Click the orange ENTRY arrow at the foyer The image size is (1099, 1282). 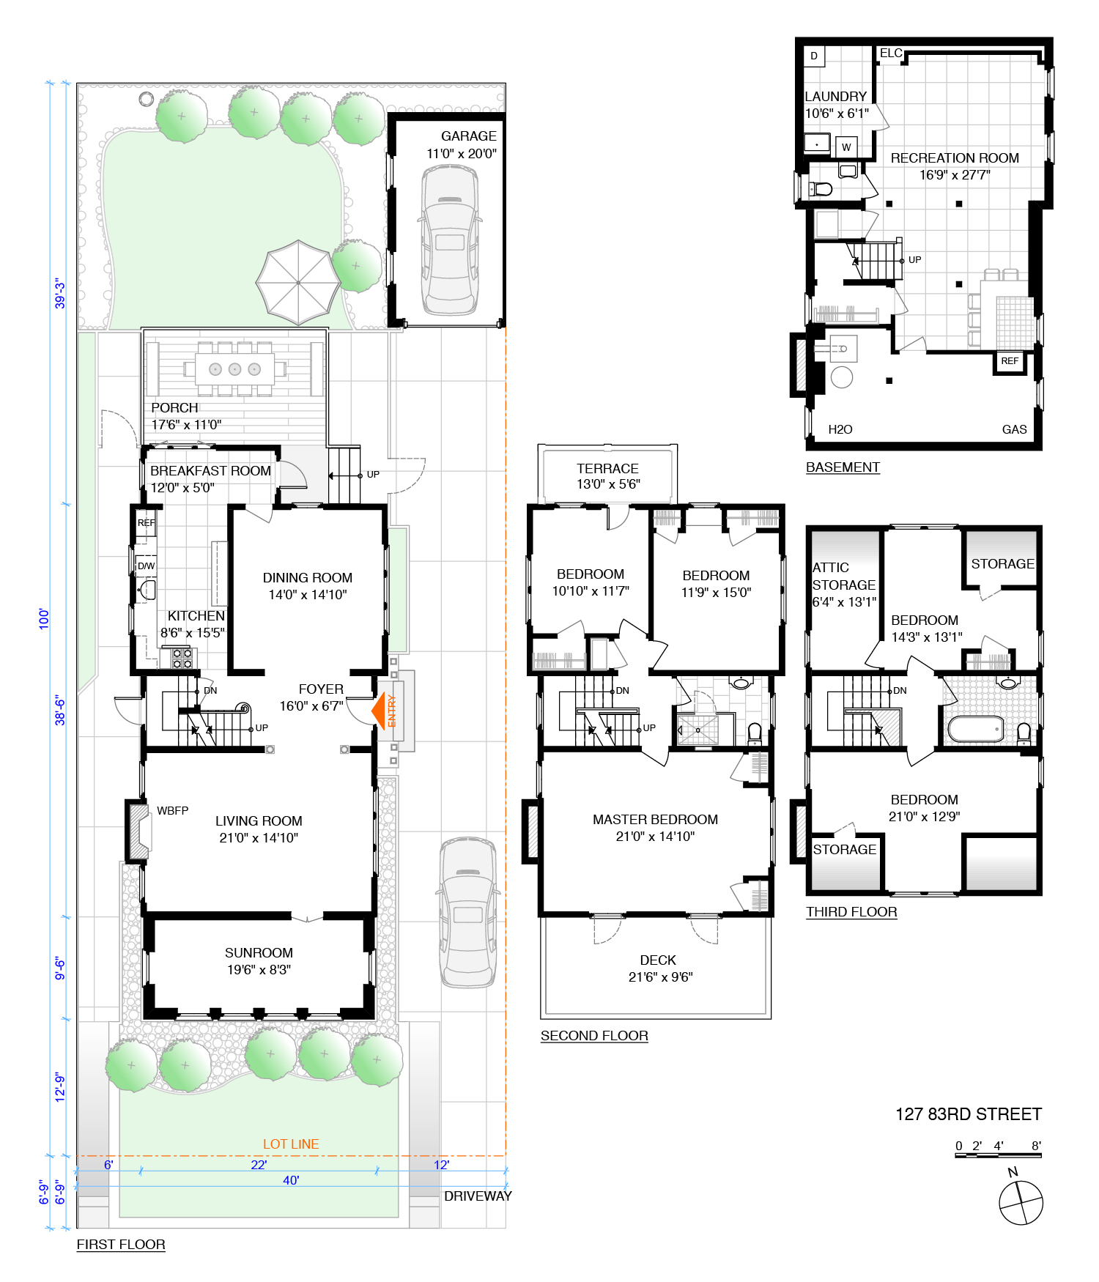[378, 711]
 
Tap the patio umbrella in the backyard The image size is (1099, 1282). [298, 283]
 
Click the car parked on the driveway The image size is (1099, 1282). [468, 913]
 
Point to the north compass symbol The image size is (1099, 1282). [1021, 1201]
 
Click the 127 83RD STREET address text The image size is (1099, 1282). [968, 1114]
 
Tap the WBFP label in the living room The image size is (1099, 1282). [172, 811]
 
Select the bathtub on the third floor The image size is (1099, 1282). [976, 729]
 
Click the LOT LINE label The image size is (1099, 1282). [291, 1144]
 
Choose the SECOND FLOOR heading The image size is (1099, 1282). [594, 1036]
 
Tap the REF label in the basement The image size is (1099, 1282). [1010, 361]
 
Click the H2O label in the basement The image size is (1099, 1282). [840, 430]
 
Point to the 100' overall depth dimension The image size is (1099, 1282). [45, 619]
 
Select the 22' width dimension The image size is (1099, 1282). [259, 1165]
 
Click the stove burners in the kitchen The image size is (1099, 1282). [182, 659]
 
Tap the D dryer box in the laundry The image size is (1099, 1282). [814, 56]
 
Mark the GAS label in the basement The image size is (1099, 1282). [1015, 430]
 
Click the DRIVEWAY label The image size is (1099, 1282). [478, 1196]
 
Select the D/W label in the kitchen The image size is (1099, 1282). [147, 566]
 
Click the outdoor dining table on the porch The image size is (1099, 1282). [234, 369]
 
